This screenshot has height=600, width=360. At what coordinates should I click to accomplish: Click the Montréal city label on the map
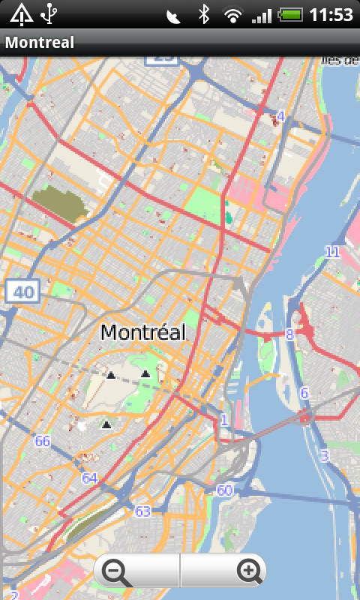pos(142,332)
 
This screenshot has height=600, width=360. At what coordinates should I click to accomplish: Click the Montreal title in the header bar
pos(40,43)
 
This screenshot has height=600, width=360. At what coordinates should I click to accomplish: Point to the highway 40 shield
pos(22,292)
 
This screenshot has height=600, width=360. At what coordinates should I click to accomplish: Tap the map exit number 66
pos(42,441)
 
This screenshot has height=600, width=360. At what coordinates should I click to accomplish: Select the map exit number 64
pos(90,478)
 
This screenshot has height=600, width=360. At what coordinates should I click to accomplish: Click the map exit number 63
pos(142,511)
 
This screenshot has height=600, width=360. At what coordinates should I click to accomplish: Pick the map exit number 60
pos(223,490)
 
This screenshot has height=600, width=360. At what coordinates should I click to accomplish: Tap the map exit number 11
pos(332,252)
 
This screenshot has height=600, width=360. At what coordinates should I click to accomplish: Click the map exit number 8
pos(289,334)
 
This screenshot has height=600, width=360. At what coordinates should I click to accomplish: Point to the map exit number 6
pos(304,393)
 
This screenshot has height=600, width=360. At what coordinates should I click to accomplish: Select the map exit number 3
pos(325,455)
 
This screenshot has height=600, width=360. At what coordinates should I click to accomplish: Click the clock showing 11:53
pos(331,14)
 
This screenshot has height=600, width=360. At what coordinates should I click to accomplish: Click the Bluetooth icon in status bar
pos(203,14)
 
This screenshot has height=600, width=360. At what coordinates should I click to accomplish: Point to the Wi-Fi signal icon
pos(233,14)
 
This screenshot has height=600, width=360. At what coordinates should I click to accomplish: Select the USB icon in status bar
pos(49,14)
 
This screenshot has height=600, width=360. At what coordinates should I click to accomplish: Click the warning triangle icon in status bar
pos(20,14)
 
